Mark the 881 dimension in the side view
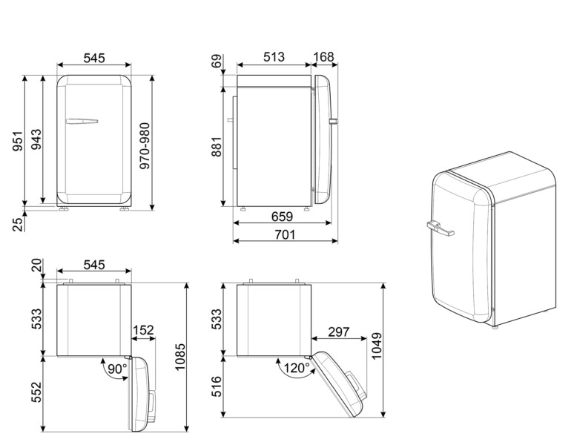pyautogui.click(x=216, y=145)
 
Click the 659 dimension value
pyautogui.click(x=280, y=217)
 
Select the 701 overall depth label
pyautogui.click(x=285, y=235)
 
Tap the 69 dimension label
pyautogui.click(x=216, y=62)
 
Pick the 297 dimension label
pyautogui.click(x=339, y=332)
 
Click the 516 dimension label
pyautogui.click(x=216, y=388)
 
